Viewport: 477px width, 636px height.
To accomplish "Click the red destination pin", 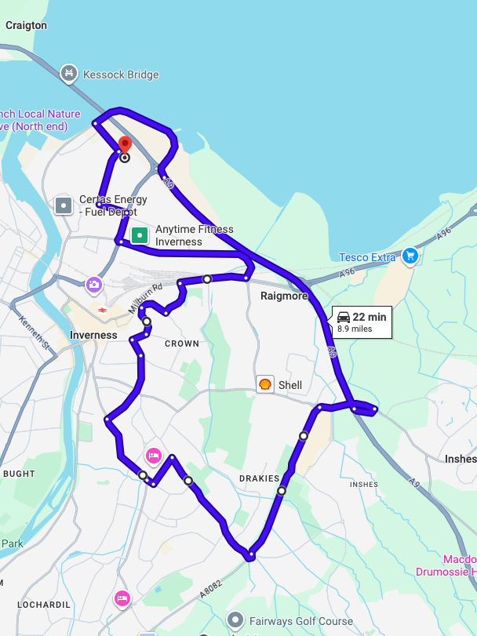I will [124, 145].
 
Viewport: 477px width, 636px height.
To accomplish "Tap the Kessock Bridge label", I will [121, 75].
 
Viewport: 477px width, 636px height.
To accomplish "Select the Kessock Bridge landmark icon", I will [69, 74].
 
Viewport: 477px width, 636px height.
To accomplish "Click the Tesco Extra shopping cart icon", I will [409, 256].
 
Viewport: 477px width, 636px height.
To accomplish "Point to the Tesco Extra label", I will [367, 257].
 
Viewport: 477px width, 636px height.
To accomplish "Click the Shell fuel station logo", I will [265, 384].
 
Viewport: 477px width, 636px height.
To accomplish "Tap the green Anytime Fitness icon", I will [140, 234].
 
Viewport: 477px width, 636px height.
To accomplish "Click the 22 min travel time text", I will [370, 317].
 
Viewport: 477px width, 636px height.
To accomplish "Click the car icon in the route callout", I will [344, 317].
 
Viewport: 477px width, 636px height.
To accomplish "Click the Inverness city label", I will [93, 335].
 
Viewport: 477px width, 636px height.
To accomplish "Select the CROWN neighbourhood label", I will [182, 343].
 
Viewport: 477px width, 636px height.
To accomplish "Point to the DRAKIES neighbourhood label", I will [259, 478].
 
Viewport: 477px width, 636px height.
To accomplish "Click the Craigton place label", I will [26, 25].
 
